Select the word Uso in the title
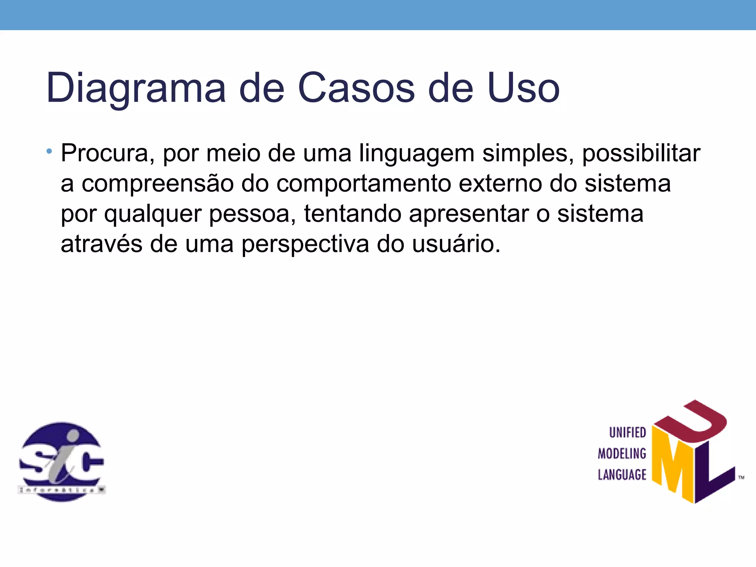[x=523, y=88]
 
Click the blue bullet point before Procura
[x=49, y=151]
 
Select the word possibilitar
[x=641, y=154]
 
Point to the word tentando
[x=353, y=214]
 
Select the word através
[x=102, y=244]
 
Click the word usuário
[x=456, y=244]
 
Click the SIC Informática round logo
[x=62, y=462]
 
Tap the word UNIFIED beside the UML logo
[x=627, y=433]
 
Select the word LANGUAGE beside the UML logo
[x=622, y=475]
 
